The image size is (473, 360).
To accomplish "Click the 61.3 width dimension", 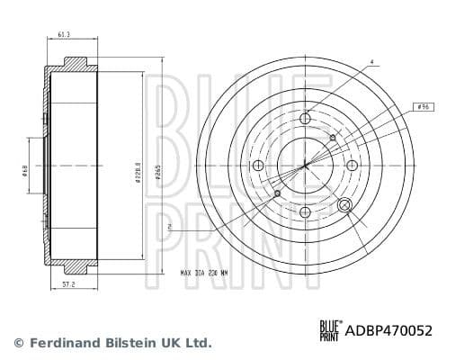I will [64, 34].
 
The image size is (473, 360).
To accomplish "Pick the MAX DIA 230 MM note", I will [203, 273].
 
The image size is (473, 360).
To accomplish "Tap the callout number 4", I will [371, 62].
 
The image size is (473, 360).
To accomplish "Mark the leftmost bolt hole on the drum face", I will [258, 166].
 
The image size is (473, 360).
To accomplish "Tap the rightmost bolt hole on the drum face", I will [352, 165].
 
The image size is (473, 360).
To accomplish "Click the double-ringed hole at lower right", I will [344, 204].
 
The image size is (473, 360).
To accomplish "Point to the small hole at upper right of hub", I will [333, 138].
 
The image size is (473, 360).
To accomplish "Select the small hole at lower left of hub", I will [277, 193].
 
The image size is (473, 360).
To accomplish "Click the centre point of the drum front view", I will [305, 166].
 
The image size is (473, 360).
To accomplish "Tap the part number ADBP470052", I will [388, 331].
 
